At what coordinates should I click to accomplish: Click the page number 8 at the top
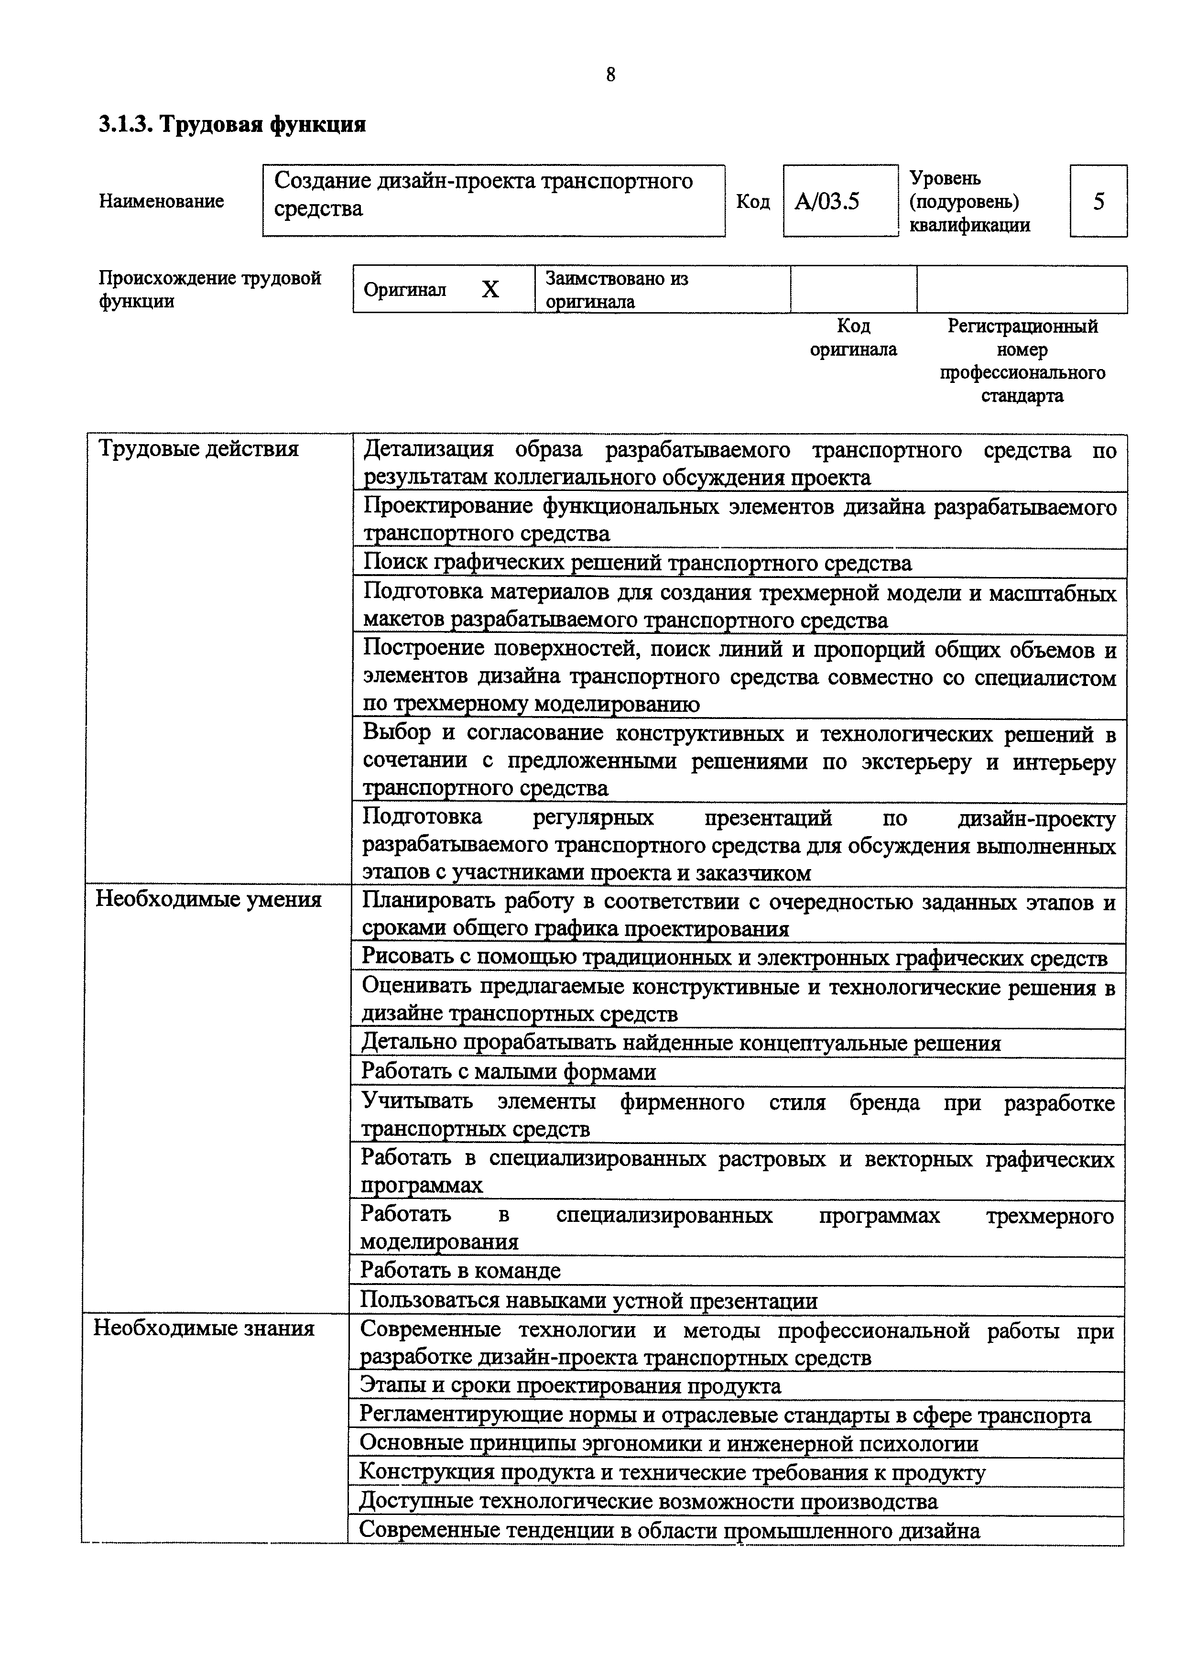(x=610, y=75)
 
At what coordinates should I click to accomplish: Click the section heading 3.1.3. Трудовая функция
(x=232, y=125)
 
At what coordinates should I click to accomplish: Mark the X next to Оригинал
(x=490, y=290)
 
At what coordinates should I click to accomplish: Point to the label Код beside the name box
(x=753, y=202)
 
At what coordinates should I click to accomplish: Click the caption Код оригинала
(x=853, y=338)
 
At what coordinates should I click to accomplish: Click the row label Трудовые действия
(x=198, y=448)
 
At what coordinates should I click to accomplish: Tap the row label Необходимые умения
(x=209, y=899)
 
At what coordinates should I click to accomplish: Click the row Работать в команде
(x=461, y=1270)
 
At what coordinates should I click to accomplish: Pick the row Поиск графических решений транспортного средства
(x=637, y=563)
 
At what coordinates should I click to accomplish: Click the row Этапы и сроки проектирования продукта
(x=571, y=1385)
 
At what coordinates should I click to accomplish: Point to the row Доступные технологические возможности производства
(x=648, y=1501)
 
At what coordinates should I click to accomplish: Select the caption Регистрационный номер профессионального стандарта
(x=1022, y=361)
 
